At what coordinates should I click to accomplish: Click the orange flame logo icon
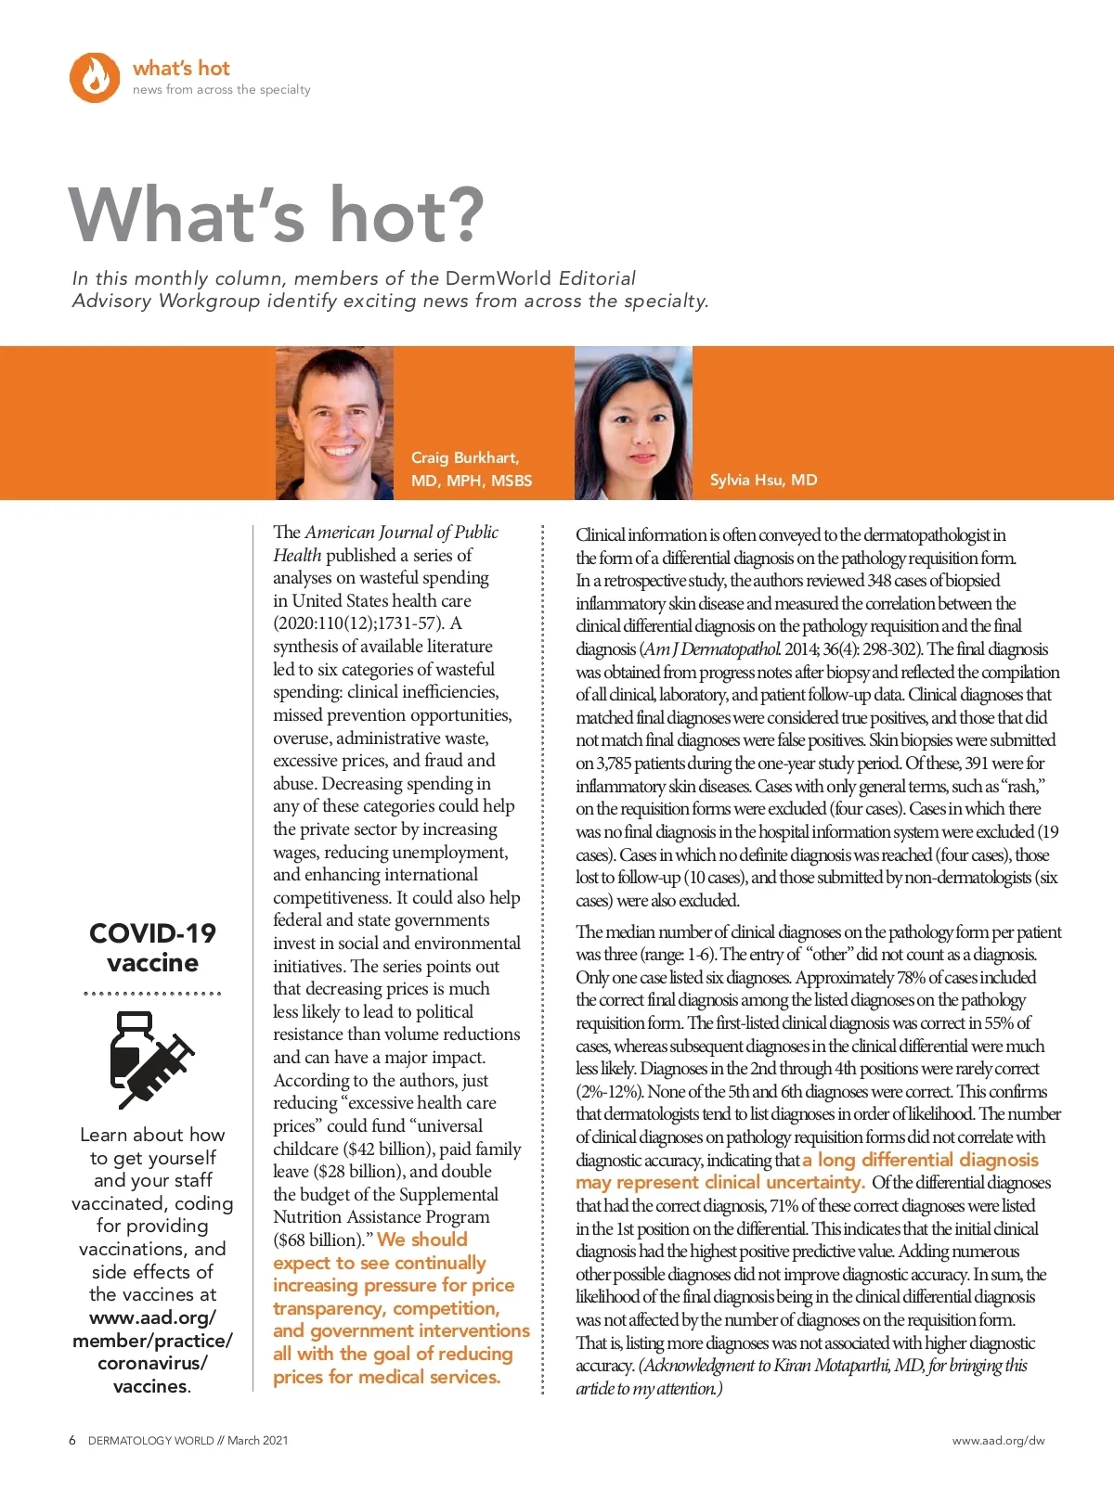(95, 77)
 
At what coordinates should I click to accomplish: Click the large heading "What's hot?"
(277, 214)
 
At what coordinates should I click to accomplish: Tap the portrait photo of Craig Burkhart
(334, 423)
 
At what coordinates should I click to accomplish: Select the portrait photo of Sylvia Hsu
(633, 423)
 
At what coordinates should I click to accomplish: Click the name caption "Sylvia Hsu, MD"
(763, 480)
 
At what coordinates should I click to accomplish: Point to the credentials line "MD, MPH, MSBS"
(472, 481)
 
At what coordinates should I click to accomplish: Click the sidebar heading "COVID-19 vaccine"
(152, 947)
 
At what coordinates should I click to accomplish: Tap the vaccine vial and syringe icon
(151, 1060)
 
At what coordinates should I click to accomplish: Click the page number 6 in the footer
(72, 1441)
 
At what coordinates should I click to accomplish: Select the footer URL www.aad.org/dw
(998, 1441)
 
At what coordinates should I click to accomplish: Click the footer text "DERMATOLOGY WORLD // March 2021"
(188, 1441)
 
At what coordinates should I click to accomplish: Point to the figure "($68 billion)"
(317, 1240)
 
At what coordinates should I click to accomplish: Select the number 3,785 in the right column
(614, 764)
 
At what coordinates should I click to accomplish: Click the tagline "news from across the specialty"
(221, 90)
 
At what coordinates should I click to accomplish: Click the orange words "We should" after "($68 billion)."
(422, 1240)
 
